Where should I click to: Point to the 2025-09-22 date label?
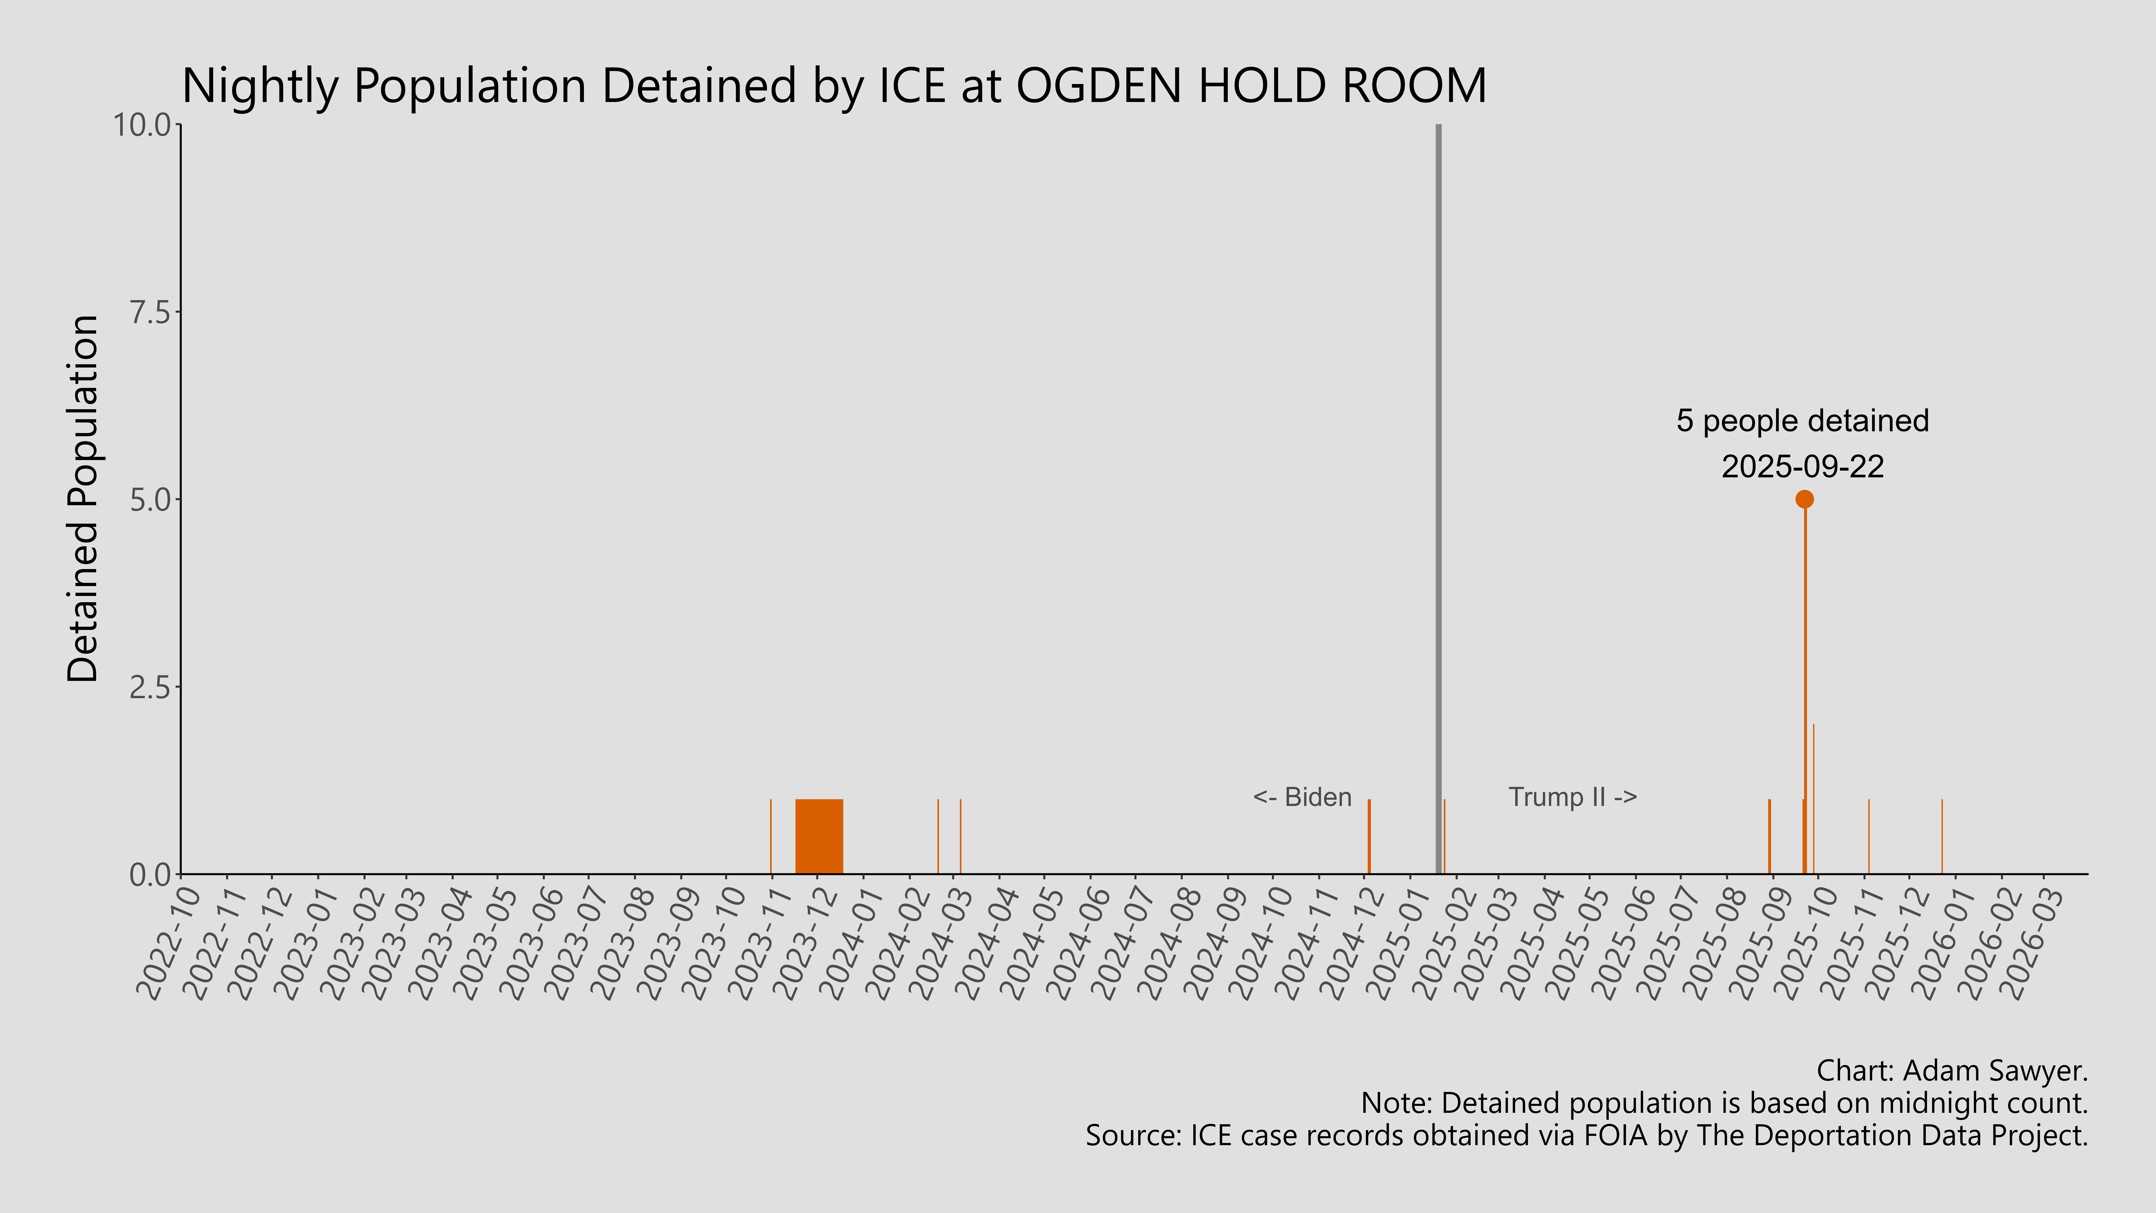point(1802,466)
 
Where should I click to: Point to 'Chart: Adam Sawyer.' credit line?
point(1952,1071)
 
